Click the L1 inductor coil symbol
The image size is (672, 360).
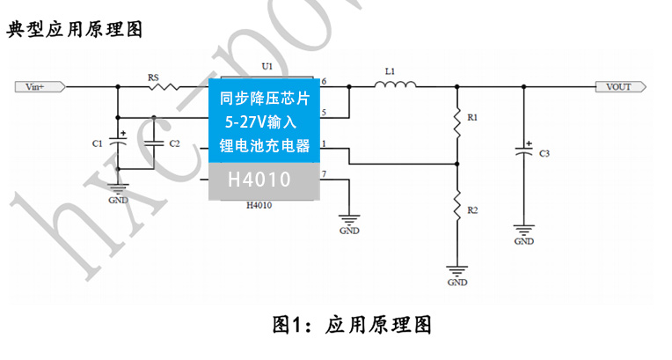pyautogui.click(x=396, y=85)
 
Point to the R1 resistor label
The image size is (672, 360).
pyautogui.click(x=472, y=116)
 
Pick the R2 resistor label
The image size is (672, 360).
pyautogui.click(x=472, y=211)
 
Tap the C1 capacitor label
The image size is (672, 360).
pyautogui.click(x=98, y=143)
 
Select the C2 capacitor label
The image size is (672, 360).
pyautogui.click(x=174, y=143)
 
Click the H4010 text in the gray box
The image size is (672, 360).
pyautogui.click(x=262, y=180)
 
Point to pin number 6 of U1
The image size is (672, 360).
pyautogui.click(x=324, y=81)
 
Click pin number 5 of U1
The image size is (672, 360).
pyautogui.click(x=324, y=112)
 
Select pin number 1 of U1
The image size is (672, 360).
pyautogui.click(x=324, y=143)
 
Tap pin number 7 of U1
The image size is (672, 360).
pyautogui.click(x=324, y=174)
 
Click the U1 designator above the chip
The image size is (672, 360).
pyautogui.click(x=267, y=67)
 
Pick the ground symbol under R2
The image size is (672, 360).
pyautogui.click(x=457, y=270)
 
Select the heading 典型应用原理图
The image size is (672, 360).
pyautogui.click(x=75, y=29)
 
